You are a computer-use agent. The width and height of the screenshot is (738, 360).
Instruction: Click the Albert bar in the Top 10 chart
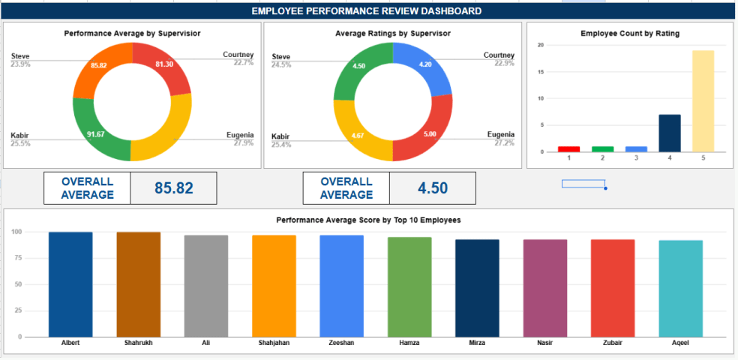pos(70,284)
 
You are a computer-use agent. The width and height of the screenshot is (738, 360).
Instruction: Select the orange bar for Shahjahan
pos(274,286)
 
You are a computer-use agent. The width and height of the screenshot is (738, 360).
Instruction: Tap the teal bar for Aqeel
pos(681,288)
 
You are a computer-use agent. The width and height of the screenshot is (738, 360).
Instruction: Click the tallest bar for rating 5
pos(703,100)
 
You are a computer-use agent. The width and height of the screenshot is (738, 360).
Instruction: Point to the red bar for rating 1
pos(569,148)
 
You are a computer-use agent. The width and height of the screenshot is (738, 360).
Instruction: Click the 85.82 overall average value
pos(173,188)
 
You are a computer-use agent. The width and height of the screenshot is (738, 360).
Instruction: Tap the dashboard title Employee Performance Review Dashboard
pos(367,11)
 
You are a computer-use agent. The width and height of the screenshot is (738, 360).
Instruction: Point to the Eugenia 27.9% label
pos(240,139)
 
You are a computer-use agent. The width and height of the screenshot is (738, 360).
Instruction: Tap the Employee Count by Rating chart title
pos(630,34)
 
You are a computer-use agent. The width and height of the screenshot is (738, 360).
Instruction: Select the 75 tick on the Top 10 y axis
pos(16,259)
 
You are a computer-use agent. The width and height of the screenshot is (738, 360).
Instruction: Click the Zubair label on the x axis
pos(613,342)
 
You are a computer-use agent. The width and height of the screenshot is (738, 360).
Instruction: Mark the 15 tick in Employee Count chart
pos(541,72)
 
